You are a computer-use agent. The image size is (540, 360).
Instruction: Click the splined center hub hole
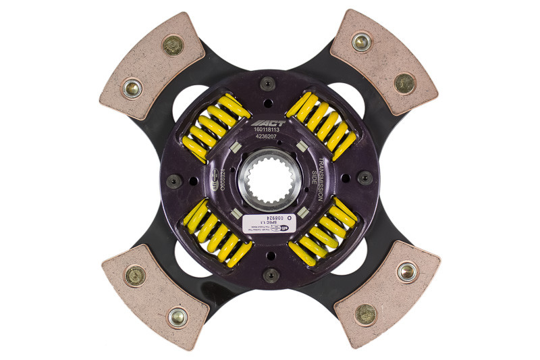(x=270, y=180)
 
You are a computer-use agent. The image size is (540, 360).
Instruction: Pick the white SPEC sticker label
(x=269, y=220)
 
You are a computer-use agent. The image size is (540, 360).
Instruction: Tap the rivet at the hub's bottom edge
(x=271, y=273)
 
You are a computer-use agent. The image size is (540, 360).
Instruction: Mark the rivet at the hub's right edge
(x=365, y=178)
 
